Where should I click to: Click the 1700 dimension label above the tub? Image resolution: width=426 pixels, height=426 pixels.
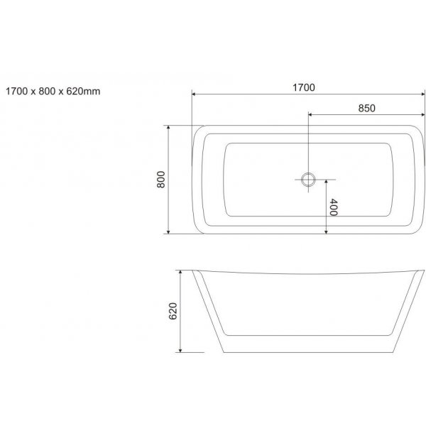click(x=304, y=87)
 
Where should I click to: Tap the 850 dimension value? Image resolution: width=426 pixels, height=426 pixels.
click(x=366, y=108)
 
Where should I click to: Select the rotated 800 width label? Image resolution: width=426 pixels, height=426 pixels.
click(x=161, y=180)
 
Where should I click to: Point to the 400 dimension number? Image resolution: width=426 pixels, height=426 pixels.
click(x=334, y=207)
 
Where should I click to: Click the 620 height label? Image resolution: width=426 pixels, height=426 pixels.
click(x=173, y=311)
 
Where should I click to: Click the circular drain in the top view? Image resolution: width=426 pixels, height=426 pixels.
click(x=308, y=180)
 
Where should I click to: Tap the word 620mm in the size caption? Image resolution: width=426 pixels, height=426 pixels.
click(x=83, y=92)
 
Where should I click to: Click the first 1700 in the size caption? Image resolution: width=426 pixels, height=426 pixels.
click(x=16, y=92)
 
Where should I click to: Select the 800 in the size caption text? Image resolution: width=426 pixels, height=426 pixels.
click(x=48, y=92)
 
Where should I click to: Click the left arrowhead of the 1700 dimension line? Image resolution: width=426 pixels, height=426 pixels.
click(x=194, y=94)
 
